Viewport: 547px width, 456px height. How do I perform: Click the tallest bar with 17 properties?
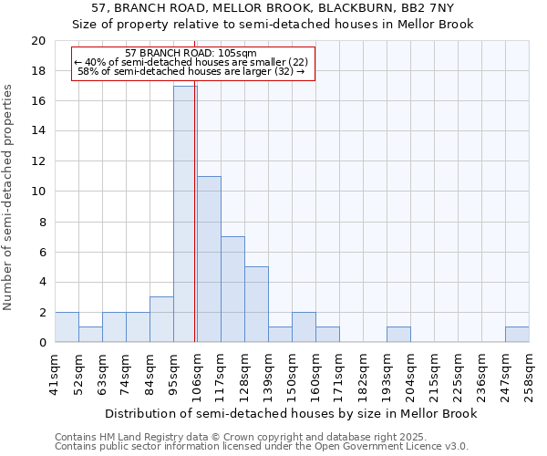pyautogui.click(x=185, y=214)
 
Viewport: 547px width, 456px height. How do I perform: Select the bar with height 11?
pyautogui.click(x=209, y=259)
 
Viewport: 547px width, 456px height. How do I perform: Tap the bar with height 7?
pyautogui.click(x=232, y=289)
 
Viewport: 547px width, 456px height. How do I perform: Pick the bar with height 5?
pyautogui.click(x=256, y=305)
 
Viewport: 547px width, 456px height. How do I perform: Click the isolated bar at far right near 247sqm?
pyautogui.click(x=517, y=335)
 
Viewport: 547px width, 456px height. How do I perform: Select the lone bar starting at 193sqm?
pyautogui.click(x=398, y=335)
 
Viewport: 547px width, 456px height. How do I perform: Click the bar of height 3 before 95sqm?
pyautogui.click(x=161, y=319)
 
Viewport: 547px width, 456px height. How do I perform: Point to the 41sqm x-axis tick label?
pyautogui.click(x=56, y=375)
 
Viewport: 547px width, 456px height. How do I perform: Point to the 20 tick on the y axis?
pyautogui.click(x=38, y=41)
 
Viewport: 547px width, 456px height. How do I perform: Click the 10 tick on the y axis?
pyautogui.click(x=38, y=192)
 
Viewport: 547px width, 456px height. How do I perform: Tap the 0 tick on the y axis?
pyautogui.click(x=42, y=343)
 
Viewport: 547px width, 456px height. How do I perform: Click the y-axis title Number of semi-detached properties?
pyautogui.click(x=8, y=196)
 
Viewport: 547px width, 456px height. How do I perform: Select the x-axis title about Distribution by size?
pyautogui.click(x=291, y=413)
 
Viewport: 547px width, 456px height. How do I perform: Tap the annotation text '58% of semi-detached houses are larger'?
pyautogui.click(x=191, y=71)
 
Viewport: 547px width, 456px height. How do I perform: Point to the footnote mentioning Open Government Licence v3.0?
pyautogui.click(x=262, y=447)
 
